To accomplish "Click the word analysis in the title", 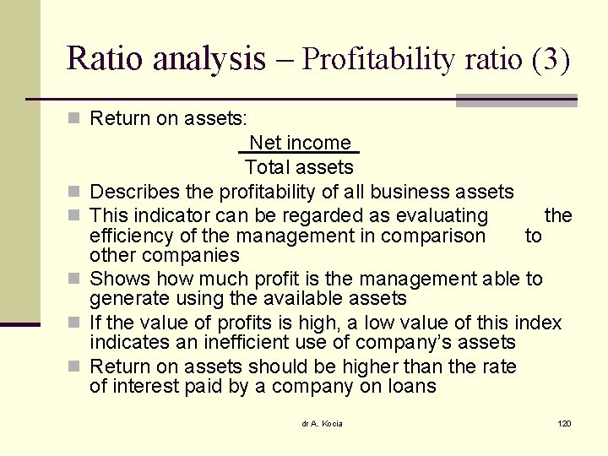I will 209,58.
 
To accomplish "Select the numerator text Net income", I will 299,143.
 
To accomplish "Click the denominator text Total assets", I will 299,166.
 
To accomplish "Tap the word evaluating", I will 438,215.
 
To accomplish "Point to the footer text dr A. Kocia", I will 322,423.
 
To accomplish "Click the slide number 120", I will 564,423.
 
